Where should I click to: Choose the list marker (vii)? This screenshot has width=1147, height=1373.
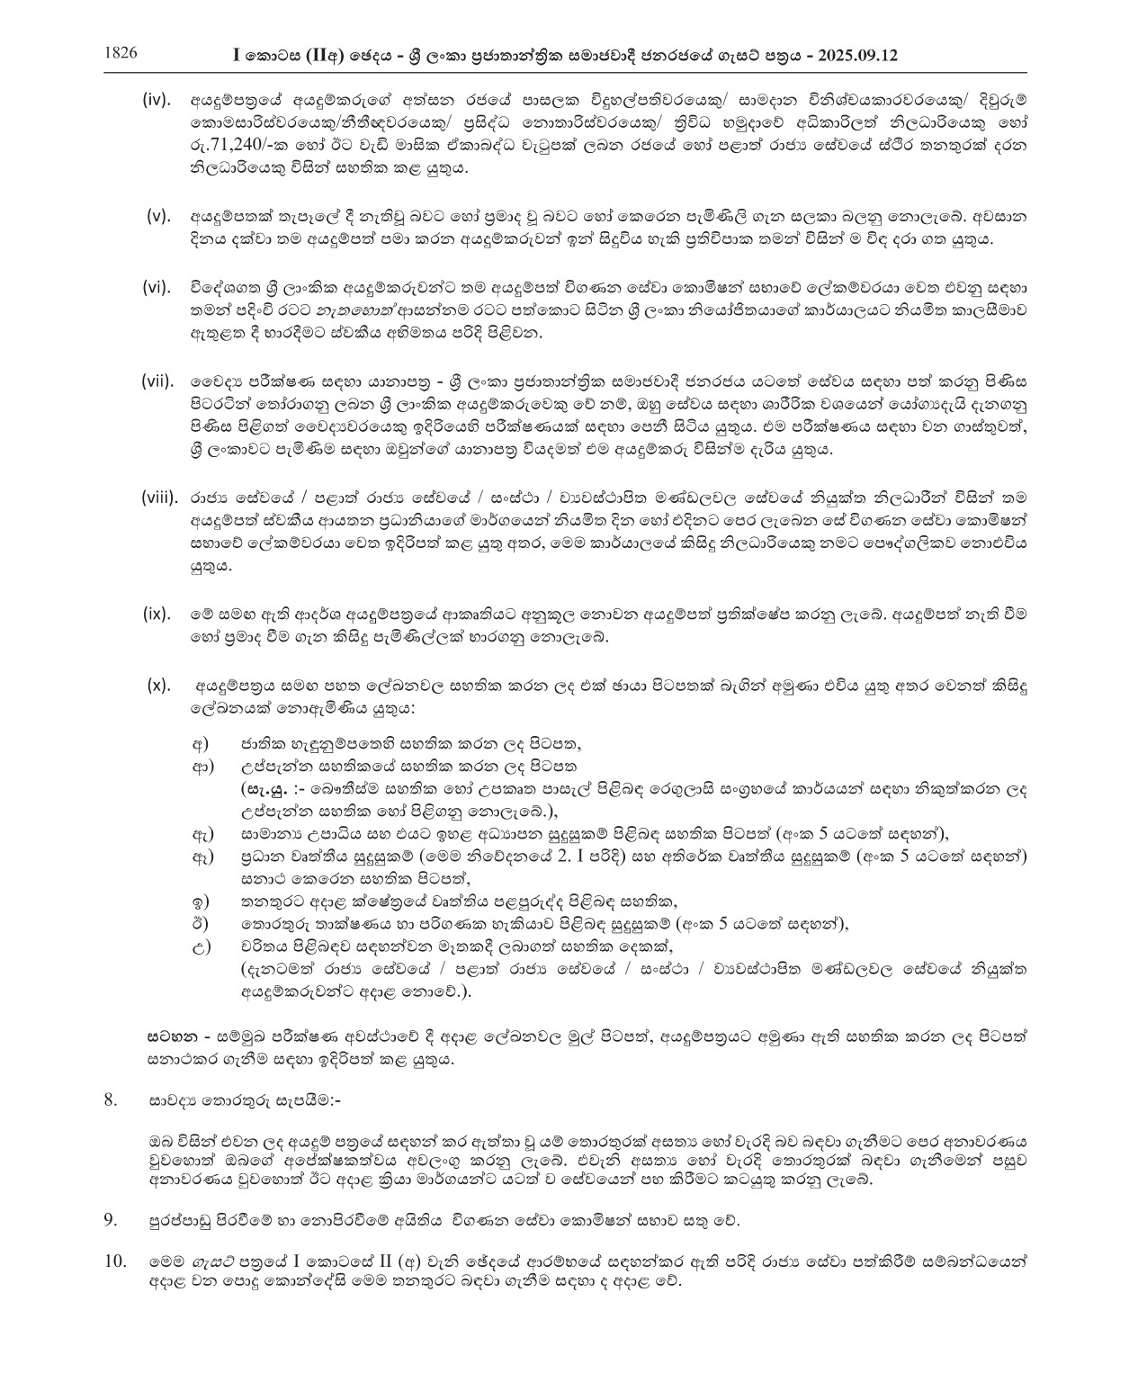click(x=157, y=381)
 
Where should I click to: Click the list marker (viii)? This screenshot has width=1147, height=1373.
click(x=159, y=497)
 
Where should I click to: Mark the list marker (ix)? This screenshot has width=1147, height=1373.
click(x=157, y=614)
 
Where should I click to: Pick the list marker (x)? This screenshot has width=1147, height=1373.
click(x=158, y=685)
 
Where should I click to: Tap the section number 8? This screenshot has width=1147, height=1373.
click(x=111, y=1099)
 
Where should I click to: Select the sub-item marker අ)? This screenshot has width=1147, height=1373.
click(x=200, y=744)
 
